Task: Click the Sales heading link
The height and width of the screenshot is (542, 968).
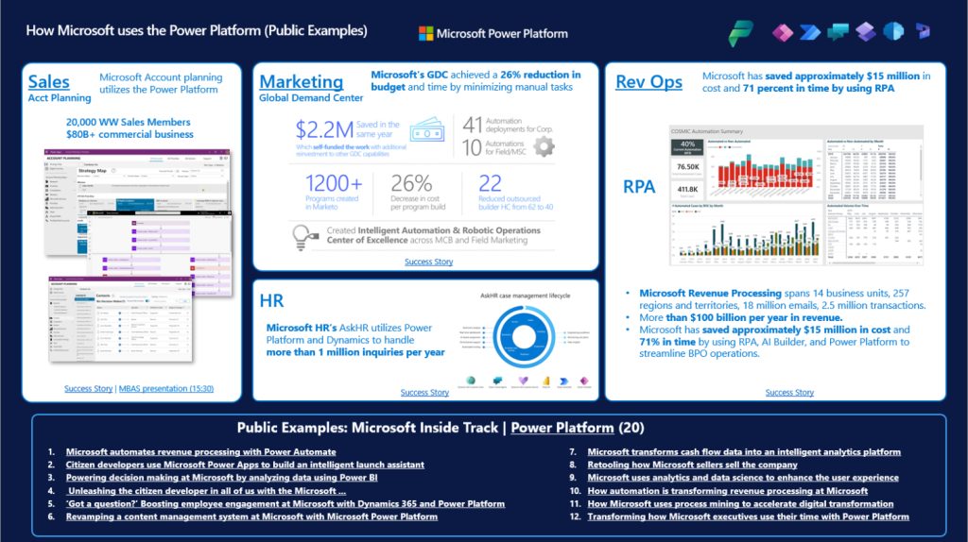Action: pos(48,82)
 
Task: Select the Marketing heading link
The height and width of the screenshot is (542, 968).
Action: pos(301,81)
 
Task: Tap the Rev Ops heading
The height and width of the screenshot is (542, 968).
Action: pos(648,82)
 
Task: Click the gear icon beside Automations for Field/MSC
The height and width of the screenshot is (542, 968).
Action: pos(544,146)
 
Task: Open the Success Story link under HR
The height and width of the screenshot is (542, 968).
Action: pos(424,392)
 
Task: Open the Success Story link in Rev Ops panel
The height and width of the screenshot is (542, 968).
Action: pos(789,392)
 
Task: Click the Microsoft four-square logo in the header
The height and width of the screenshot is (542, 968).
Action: pos(425,33)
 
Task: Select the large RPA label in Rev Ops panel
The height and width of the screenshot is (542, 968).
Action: pos(639,187)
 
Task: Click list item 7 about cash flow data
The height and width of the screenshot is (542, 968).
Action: pos(743,452)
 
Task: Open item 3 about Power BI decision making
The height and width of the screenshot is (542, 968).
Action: pos(244,478)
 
